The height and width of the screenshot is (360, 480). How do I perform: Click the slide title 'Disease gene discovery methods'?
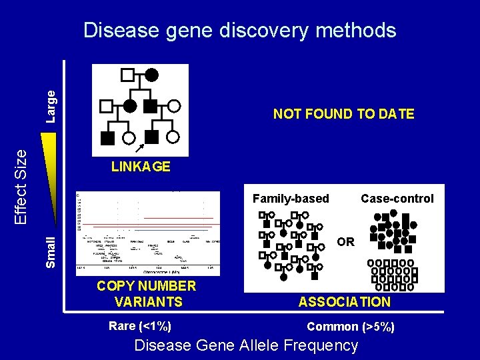[x=239, y=30]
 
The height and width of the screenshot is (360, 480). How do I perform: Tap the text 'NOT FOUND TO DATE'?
[x=343, y=114]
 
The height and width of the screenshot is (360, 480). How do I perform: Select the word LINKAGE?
[x=141, y=167]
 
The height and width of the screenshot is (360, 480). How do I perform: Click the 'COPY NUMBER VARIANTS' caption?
[x=147, y=294]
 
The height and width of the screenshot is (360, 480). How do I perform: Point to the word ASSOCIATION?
[x=344, y=302]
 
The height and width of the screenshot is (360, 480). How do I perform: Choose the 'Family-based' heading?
[x=291, y=198]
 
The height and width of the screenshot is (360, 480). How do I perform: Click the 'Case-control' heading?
[x=397, y=198]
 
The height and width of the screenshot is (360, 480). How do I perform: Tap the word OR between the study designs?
[x=345, y=241]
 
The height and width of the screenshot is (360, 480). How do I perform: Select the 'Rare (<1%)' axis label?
[x=139, y=326]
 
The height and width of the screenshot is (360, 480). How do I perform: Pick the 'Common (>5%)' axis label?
[x=350, y=327]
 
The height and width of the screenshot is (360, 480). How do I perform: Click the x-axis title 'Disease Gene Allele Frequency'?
[x=246, y=345]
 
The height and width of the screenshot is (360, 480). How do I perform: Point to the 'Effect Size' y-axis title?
[x=21, y=185]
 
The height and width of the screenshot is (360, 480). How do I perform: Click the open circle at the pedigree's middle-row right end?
[x=174, y=105]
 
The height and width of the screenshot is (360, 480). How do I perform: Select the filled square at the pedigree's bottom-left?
[x=107, y=137]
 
